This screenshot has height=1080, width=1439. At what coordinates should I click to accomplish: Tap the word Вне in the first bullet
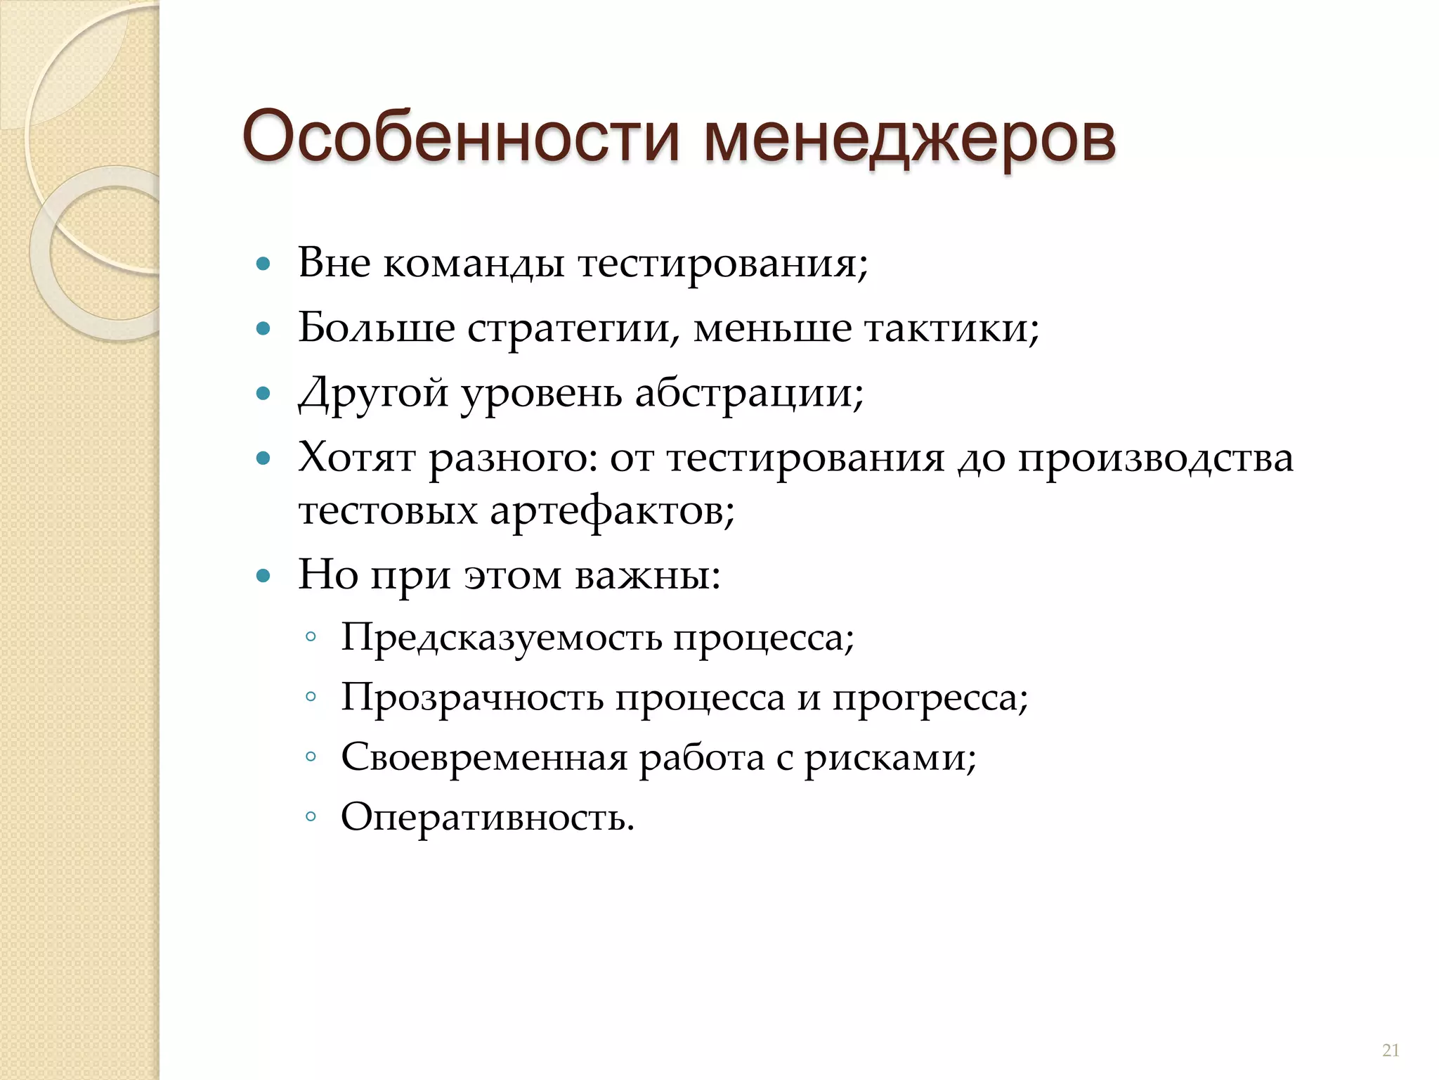tap(334, 264)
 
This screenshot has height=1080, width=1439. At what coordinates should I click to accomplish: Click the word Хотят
tap(357, 458)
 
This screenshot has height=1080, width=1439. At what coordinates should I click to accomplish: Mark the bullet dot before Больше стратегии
tap(263, 328)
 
